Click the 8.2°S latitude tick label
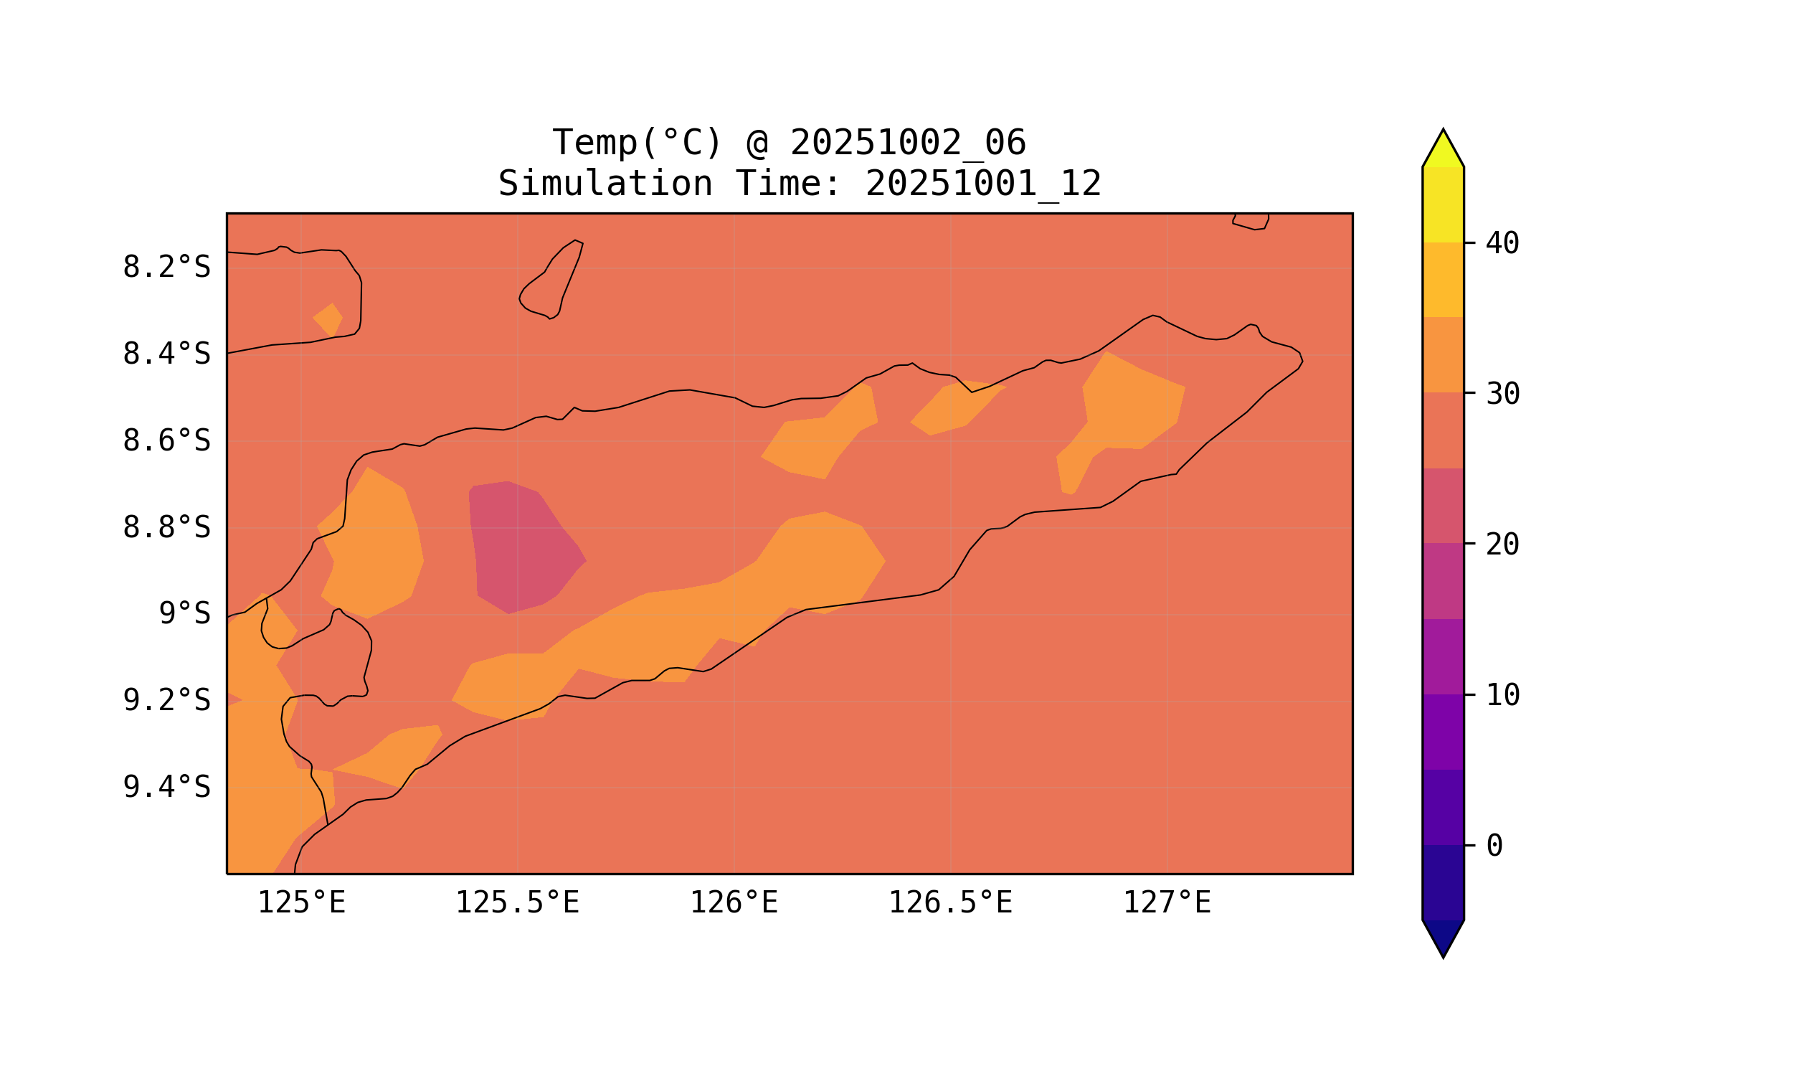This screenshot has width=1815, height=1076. (x=166, y=268)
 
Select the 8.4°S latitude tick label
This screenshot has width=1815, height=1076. (x=166, y=354)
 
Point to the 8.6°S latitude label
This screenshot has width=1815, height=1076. (x=166, y=441)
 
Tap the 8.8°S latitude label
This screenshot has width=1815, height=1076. (x=166, y=528)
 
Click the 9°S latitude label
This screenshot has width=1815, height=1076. (x=184, y=614)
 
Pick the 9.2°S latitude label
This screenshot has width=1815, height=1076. (x=166, y=700)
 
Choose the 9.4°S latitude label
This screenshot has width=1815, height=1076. (x=166, y=787)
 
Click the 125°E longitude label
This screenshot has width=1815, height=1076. (x=301, y=903)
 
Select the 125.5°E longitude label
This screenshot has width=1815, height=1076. (x=517, y=903)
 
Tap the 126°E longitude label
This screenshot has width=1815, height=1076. (x=734, y=903)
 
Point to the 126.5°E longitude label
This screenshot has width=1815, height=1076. (x=949, y=903)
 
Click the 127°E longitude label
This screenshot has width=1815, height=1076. (x=1166, y=903)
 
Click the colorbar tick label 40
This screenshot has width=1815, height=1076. (x=1502, y=244)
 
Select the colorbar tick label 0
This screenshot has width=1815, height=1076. (x=1494, y=846)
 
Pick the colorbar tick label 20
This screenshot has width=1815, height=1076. (x=1502, y=544)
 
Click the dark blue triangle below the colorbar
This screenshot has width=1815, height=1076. (x=1442, y=937)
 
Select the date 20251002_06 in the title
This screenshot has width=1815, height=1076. (x=908, y=143)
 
